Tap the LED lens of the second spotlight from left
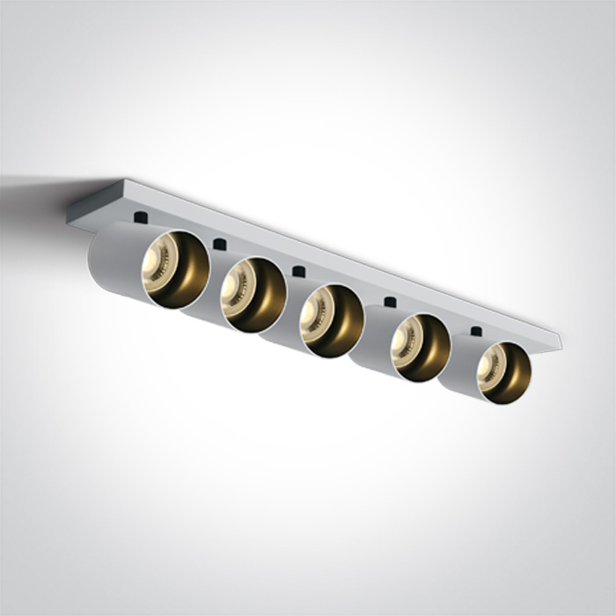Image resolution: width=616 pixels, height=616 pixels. [x=237, y=287]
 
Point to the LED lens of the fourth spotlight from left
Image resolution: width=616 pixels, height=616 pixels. [x=406, y=338]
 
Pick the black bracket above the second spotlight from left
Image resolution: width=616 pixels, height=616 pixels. [x=219, y=243]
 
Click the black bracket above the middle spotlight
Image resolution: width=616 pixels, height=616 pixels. [x=299, y=271]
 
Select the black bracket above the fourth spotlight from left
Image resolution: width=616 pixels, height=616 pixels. [x=389, y=302]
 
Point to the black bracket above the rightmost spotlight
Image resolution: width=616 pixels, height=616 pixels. [x=476, y=332]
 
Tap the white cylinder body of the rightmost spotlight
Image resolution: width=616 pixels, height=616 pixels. [x=458, y=374]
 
